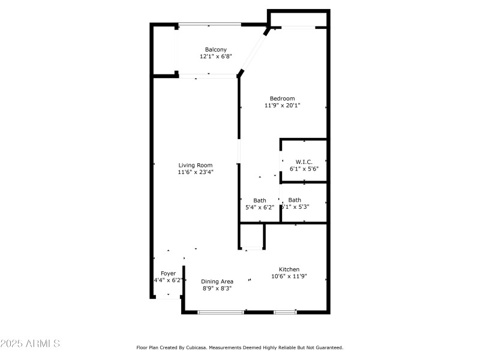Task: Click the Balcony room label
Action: [215, 49]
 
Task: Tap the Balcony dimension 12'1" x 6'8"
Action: [215, 56]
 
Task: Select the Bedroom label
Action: [282, 98]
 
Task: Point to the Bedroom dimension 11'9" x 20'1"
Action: [282, 106]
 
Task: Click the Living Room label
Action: [195, 165]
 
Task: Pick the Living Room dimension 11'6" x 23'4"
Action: [195, 172]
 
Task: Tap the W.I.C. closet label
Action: [304, 161]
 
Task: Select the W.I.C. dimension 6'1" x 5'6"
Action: [304, 169]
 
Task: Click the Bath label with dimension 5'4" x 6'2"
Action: [260, 200]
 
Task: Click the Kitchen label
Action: [289, 269]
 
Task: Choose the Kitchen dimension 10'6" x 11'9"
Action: [289, 277]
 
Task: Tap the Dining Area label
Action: [217, 281]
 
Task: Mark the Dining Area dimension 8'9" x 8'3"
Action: [217, 289]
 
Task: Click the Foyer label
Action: [168, 273]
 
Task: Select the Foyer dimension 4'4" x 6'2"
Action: [168, 280]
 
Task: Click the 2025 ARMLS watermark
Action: [30, 344]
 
